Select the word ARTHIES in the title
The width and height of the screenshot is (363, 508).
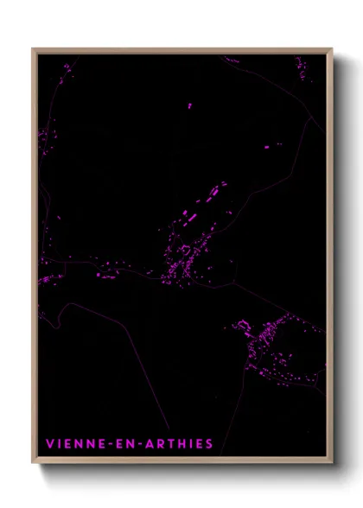pyautogui.click(x=175, y=444)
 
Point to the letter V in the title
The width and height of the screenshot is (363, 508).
pyautogui.click(x=49, y=444)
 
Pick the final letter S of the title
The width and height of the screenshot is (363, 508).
pyautogui.click(x=208, y=444)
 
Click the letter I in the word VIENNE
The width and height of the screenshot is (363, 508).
pyautogui.click(x=59, y=444)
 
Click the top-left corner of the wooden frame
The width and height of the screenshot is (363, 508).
pyautogui.click(x=33, y=49)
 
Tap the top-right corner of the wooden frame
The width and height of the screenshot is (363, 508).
pyautogui.click(x=332, y=49)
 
